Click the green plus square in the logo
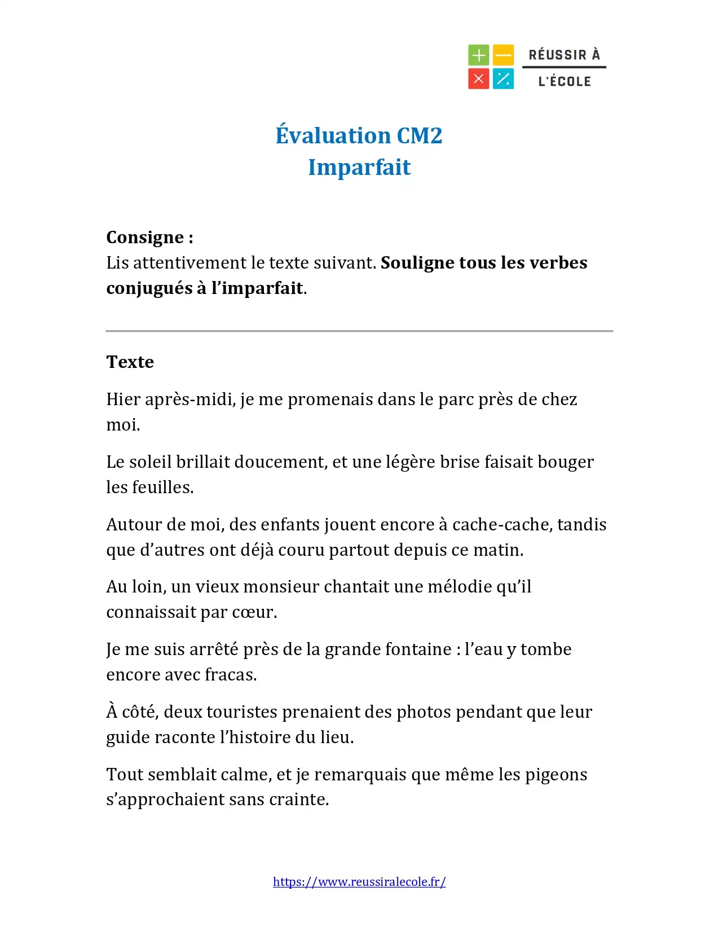tap(478, 55)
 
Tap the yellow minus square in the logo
tap(503, 55)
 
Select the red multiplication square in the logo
tap(478, 79)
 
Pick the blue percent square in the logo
tap(503, 79)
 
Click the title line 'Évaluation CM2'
tap(359, 135)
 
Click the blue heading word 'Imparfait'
tap(359, 167)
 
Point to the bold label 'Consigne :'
tap(149, 238)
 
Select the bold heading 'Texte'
tap(130, 362)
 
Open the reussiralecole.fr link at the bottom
tap(359, 882)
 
